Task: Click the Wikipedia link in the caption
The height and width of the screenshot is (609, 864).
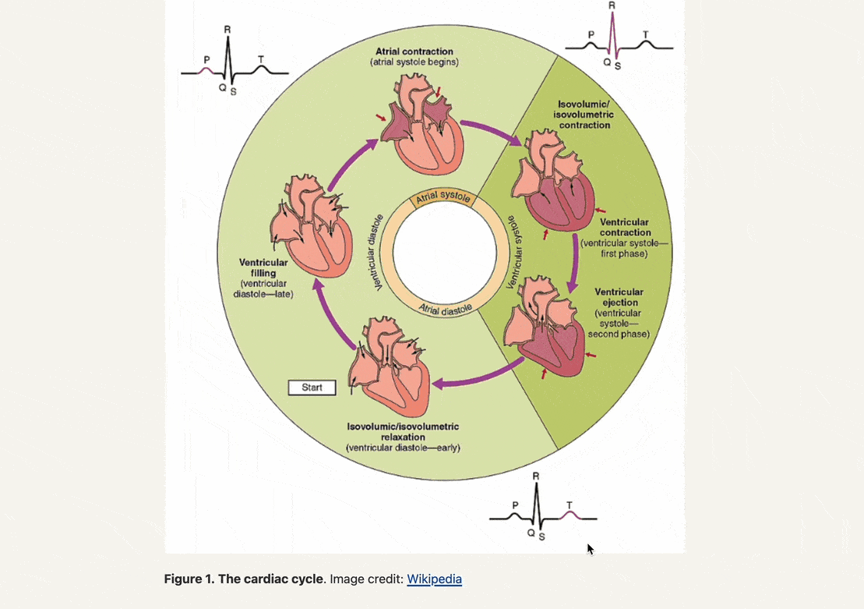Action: click(434, 579)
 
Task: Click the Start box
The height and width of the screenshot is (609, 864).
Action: click(312, 388)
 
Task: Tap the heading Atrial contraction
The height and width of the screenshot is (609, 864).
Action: click(414, 51)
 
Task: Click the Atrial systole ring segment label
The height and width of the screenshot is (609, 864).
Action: click(443, 197)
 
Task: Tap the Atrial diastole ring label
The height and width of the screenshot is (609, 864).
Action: click(446, 309)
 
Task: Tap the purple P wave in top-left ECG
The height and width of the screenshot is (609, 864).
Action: click(206, 69)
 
